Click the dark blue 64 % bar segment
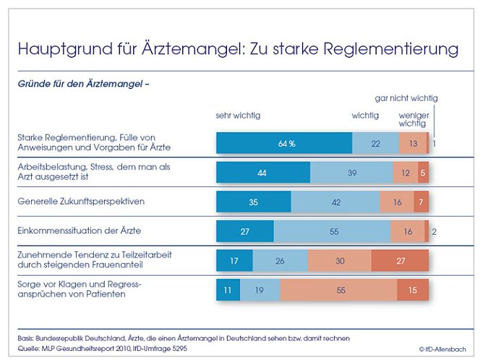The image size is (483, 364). tap(284, 143)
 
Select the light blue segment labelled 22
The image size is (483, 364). tap(375, 143)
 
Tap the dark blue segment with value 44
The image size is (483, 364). tap(263, 173)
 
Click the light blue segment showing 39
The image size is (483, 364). tap(351, 173)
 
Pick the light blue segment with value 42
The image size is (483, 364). tap(335, 202)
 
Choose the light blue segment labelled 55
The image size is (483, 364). tap(332, 231)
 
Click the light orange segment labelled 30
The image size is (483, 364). tap(339, 260)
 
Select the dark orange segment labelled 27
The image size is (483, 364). tap(400, 260)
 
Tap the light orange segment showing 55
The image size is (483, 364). tap(338, 290)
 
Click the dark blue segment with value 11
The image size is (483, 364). tap(227, 290)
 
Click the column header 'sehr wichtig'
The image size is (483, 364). tap(238, 115)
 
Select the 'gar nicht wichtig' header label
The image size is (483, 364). tap(406, 98)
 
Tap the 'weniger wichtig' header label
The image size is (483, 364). tap(412, 119)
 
